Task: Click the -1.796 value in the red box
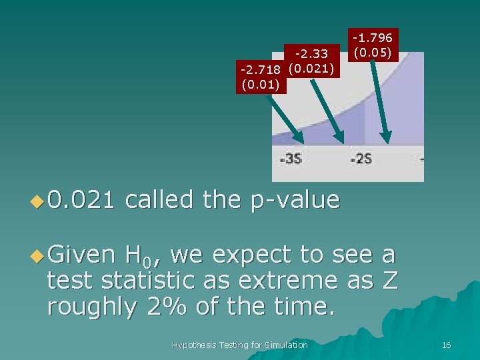click(373, 38)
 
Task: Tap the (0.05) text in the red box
click(373, 51)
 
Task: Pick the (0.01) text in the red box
click(261, 84)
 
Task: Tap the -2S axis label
click(361, 159)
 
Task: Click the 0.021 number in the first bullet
click(81, 199)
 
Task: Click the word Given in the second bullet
click(81, 254)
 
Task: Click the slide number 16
click(446, 345)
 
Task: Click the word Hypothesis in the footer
click(194, 345)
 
